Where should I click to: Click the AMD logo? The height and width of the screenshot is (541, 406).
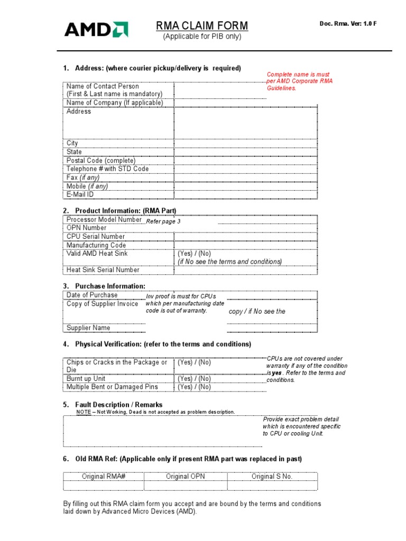tap(96, 29)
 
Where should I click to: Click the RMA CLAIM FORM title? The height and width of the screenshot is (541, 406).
tap(201, 26)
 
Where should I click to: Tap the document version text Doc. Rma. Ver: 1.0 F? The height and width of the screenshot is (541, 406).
tap(348, 24)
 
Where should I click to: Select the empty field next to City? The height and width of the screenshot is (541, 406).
tap(246, 143)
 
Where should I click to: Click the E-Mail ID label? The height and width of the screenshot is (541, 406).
tap(80, 194)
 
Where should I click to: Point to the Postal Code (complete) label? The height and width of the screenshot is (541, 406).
tap(101, 160)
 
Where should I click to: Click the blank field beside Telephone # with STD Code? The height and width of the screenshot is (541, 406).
tap(246, 169)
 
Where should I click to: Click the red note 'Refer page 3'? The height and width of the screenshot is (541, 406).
tap(163, 221)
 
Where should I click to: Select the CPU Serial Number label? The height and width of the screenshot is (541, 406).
tap(96, 236)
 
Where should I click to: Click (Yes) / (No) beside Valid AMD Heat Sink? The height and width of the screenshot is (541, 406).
tap(194, 254)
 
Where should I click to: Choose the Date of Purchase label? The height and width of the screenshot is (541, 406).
tap(92, 295)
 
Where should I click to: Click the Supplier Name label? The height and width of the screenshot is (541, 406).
tap(88, 328)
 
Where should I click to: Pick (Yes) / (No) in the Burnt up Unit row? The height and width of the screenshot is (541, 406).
tap(194, 378)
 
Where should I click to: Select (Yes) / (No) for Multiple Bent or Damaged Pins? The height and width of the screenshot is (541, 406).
tap(194, 387)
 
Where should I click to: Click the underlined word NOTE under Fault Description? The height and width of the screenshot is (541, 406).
tap(84, 412)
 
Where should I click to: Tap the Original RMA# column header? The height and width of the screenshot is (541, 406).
tap(104, 476)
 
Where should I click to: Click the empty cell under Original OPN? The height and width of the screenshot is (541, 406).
tap(185, 485)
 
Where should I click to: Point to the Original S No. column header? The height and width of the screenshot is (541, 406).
tap(272, 476)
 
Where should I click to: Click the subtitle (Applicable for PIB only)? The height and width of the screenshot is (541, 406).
tap(201, 36)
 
